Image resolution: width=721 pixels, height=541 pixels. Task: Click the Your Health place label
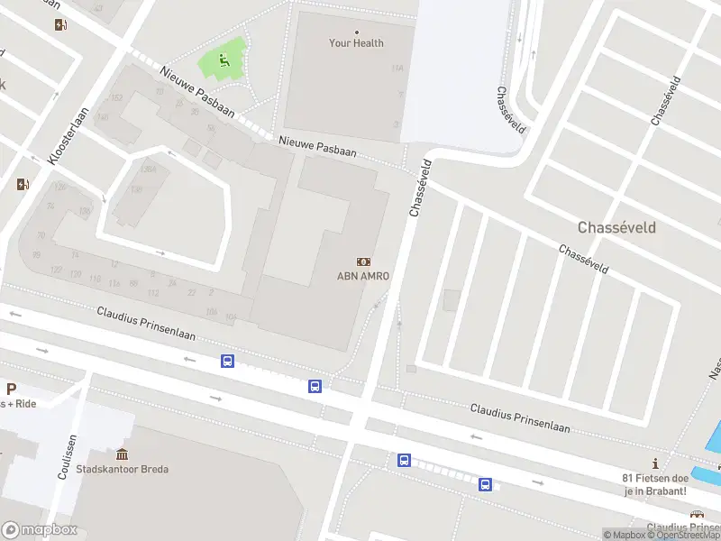click(x=356, y=43)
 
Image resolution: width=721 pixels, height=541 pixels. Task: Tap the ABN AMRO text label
click(x=363, y=277)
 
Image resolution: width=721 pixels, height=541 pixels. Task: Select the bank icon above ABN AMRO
click(x=363, y=261)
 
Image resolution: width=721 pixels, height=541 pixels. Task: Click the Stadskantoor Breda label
click(x=123, y=469)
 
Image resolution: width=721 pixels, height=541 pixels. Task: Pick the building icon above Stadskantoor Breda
click(x=123, y=454)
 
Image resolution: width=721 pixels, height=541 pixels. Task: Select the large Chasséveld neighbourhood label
click(x=616, y=228)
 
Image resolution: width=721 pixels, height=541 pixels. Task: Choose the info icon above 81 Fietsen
click(x=655, y=463)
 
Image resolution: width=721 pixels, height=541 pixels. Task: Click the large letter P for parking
click(x=11, y=390)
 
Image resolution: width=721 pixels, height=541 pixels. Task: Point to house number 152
click(x=115, y=97)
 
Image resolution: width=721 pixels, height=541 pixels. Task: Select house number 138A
click(x=148, y=169)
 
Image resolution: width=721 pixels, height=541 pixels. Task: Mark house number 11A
click(x=397, y=69)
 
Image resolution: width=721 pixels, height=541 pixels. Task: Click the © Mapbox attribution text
click(x=625, y=535)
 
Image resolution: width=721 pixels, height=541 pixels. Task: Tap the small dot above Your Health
click(x=356, y=32)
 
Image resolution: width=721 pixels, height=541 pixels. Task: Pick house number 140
click(x=103, y=117)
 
